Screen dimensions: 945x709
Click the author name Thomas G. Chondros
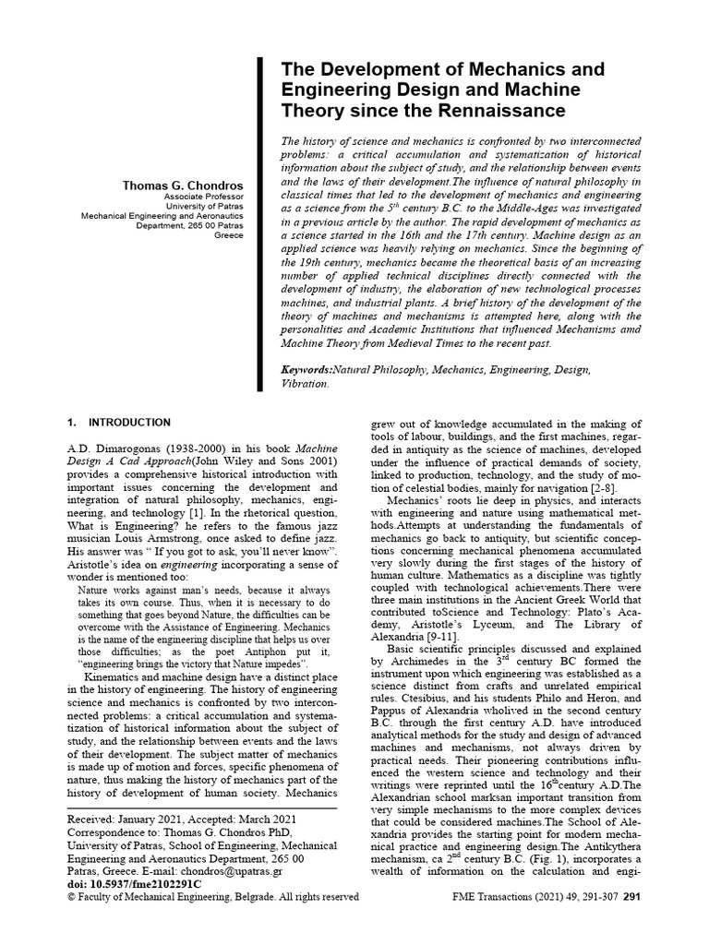[x=183, y=185]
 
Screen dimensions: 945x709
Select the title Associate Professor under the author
[x=204, y=198]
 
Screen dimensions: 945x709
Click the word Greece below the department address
[x=229, y=234]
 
